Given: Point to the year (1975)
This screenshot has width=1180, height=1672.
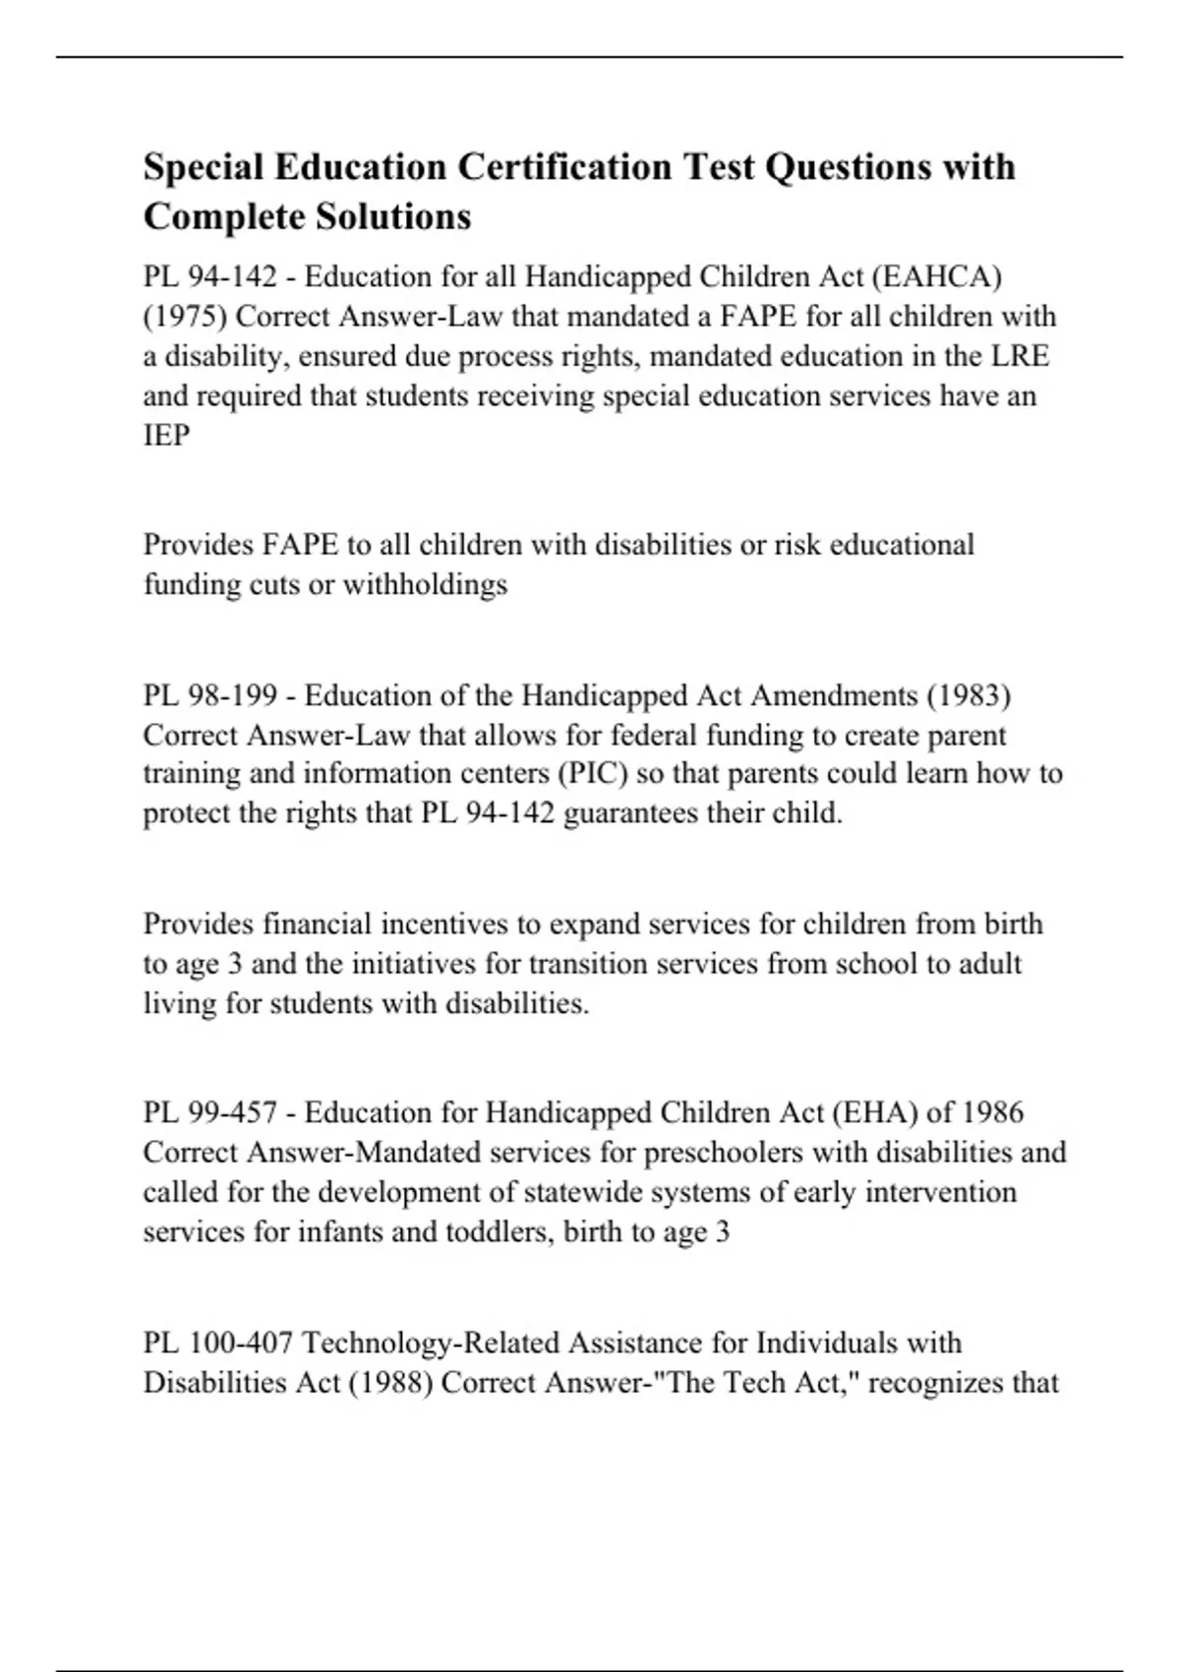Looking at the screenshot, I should pos(185,317).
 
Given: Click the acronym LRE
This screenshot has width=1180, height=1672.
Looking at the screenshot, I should pos(1020,356).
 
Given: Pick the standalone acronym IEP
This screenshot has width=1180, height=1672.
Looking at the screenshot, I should pos(166,436).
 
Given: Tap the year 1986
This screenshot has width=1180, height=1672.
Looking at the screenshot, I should pos(992,1113).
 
